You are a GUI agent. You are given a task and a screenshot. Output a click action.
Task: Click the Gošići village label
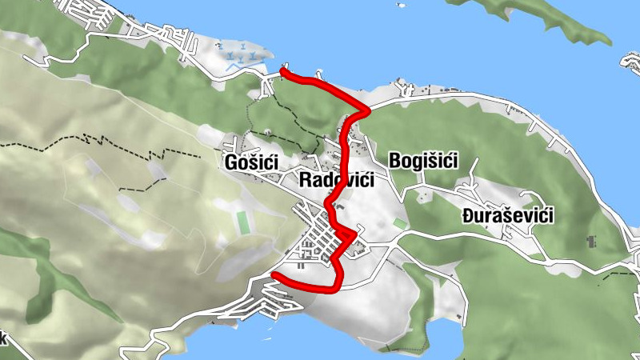(251, 163)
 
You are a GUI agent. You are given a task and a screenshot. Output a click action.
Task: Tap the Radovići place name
(336, 180)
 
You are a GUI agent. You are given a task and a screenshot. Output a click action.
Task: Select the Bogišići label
(422, 161)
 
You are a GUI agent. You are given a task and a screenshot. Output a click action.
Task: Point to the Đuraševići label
(508, 216)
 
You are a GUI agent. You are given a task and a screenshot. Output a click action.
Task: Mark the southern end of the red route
(274, 275)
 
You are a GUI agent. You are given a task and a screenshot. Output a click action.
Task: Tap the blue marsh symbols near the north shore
(244, 56)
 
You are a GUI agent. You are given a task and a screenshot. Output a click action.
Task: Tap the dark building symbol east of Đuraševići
(592, 240)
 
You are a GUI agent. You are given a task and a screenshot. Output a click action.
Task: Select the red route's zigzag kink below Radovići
(346, 235)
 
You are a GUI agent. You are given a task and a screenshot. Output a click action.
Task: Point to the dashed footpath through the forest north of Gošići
(288, 120)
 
